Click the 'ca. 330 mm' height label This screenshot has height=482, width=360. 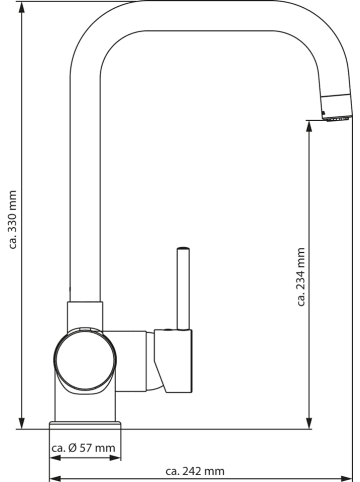[x=13, y=220]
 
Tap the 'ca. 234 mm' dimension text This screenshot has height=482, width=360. [x=301, y=277]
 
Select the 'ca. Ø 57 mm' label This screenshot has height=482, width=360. [x=83, y=448]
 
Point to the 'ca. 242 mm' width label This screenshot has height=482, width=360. [x=195, y=471]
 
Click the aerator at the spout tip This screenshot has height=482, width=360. [x=337, y=118]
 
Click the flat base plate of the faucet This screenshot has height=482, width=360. [x=85, y=425]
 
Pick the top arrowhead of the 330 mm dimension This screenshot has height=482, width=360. [x=22, y=7]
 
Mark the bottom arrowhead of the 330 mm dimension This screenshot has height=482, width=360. [x=22, y=423]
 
